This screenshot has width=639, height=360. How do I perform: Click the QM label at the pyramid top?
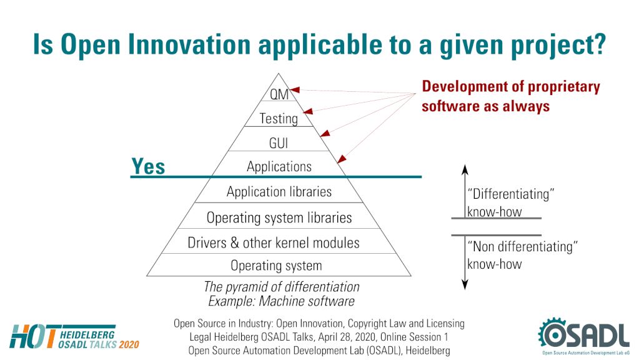pos(279,94)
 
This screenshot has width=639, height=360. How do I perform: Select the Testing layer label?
pos(279,119)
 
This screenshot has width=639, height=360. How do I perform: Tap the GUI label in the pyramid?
pos(279,143)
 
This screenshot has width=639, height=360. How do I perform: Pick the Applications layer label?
pos(279,167)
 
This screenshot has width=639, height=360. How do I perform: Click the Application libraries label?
pos(279,192)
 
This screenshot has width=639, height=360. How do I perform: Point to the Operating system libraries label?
pos(279,217)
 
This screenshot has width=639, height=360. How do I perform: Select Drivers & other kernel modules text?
pos(274,243)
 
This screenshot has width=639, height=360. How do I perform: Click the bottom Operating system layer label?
pos(276,266)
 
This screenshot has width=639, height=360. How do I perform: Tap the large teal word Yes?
pos(148,166)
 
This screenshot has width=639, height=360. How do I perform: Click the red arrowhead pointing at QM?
pos(295,90)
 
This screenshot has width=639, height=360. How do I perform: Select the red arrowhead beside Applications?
pos(342,159)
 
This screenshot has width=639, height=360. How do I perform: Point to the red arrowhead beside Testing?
pos(308,111)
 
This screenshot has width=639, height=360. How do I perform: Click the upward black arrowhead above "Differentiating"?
pos(465,169)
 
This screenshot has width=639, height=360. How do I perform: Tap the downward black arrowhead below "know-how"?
pos(465,284)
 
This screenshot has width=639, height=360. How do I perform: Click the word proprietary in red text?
pos(564,87)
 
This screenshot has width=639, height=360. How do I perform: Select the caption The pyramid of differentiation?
pos(282,287)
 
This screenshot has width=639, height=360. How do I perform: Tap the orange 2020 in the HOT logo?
pos(129,345)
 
